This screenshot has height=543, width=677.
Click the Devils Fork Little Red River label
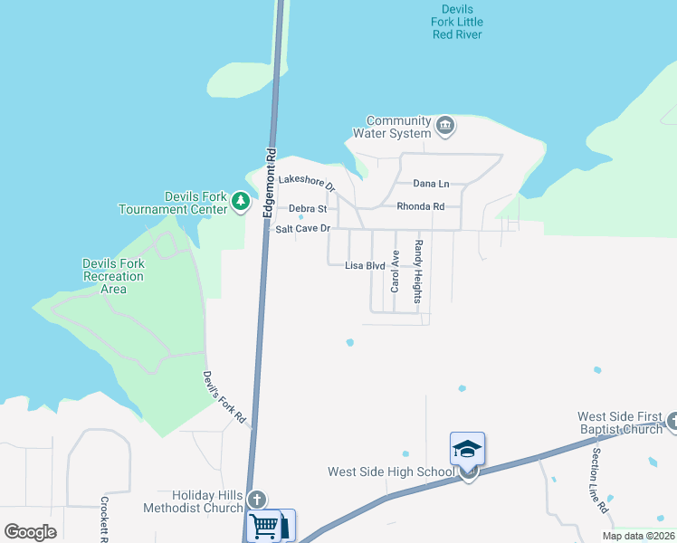tap(457, 22)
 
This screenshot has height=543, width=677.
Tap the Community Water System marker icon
tap(444, 125)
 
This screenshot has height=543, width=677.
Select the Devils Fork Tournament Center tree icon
tap(240, 201)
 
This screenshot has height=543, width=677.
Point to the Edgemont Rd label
tap(269, 181)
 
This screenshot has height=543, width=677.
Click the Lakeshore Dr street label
tap(307, 184)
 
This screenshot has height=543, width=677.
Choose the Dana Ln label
tap(431, 184)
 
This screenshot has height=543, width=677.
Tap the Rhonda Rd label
tap(420, 206)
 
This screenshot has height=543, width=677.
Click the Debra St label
tap(307, 209)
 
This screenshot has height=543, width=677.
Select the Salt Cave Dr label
tap(303, 229)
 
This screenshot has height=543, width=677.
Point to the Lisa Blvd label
tap(366, 266)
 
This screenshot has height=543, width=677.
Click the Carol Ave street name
tap(395, 271)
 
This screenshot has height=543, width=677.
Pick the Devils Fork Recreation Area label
tap(113, 276)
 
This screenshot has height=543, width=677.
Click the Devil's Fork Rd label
tap(224, 397)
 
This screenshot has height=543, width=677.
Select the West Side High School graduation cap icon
tap(468, 449)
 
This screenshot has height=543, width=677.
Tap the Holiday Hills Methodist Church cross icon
tap(257, 500)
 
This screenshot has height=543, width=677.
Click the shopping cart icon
tap(264, 525)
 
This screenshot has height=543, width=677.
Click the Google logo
tap(31, 532)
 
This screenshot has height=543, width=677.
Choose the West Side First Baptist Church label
tap(620, 423)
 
